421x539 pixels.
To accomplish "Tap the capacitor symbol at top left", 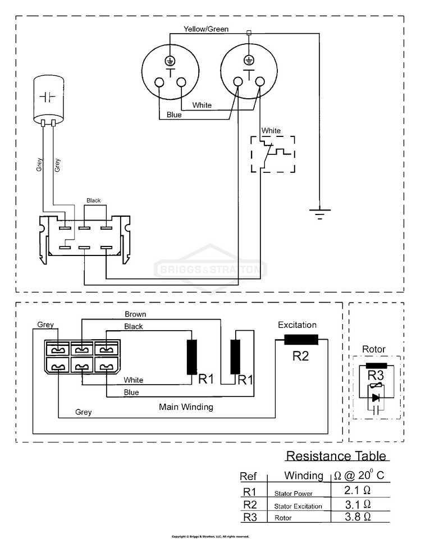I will pos(47,98).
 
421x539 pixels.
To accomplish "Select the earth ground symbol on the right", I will pos(320,214).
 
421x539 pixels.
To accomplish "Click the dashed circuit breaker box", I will pos(272,153).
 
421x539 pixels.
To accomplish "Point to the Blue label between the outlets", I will pos(174,116).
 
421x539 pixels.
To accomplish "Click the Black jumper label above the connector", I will pos(93,200).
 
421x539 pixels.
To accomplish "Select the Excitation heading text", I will pos(298,325).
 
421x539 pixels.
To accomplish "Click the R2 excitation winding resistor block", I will pos(301,339).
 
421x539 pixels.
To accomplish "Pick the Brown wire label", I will pos(135,314).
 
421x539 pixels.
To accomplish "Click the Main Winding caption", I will pos(185,406).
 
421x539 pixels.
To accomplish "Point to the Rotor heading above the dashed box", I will pos(374,349).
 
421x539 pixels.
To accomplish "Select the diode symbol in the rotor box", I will pos(376,398).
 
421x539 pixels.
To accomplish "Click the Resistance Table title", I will pos(336,455).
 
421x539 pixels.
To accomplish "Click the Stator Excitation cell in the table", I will pos(298,506).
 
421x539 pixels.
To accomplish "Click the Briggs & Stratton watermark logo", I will pos(210,269).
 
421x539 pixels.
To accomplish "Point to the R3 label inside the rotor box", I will pos(375,375).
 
